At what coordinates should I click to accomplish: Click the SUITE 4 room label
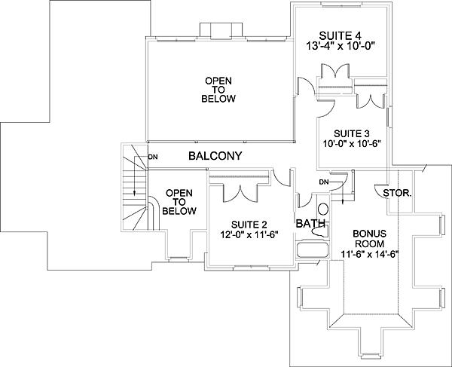click(341, 35)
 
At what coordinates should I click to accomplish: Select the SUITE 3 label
click(352, 134)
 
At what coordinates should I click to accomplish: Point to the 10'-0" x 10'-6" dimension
click(352, 143)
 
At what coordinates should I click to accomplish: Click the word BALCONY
click(215, 156)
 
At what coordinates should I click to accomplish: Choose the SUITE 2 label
click(249, 225)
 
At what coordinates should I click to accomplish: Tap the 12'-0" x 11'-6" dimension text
click(249, 234)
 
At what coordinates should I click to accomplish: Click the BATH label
click(310, 223)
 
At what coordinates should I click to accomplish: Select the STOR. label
click(397, 193)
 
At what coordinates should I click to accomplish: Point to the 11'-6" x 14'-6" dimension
click(369, 254)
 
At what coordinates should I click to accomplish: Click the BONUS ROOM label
click(369, 238)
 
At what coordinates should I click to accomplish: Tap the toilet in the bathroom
click(319, 231)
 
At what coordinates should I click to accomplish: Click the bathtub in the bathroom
click(313, 249)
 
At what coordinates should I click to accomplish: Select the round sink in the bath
click(323, 209)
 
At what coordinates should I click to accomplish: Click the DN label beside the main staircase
click(153, 157)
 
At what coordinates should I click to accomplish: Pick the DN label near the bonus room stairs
click(324, 182)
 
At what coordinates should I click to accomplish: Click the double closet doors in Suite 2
click(240, 194)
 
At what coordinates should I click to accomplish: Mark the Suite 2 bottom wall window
click(252, 268)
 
